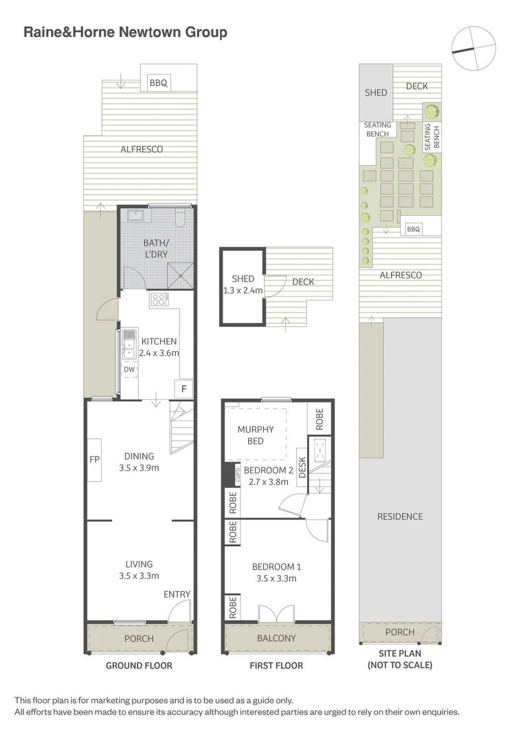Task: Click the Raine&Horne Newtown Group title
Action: [x=125, y=32]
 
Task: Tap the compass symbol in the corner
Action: [x=473, y=48]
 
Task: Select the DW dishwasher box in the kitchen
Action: [x=129, y=369]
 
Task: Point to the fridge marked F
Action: [x=183, y=389]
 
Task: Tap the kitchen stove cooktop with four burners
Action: [x=159, y=300]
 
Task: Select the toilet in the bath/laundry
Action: [x=180, y=218]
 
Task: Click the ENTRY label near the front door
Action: [x=177, y=594]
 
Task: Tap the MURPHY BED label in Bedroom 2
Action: [x=255, y=436]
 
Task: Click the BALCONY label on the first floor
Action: [x=276, y=638]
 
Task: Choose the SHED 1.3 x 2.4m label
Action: [x=243, y=284]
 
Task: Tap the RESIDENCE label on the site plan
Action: [x=400, y=517]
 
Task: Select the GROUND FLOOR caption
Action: [x=139, y=666]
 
